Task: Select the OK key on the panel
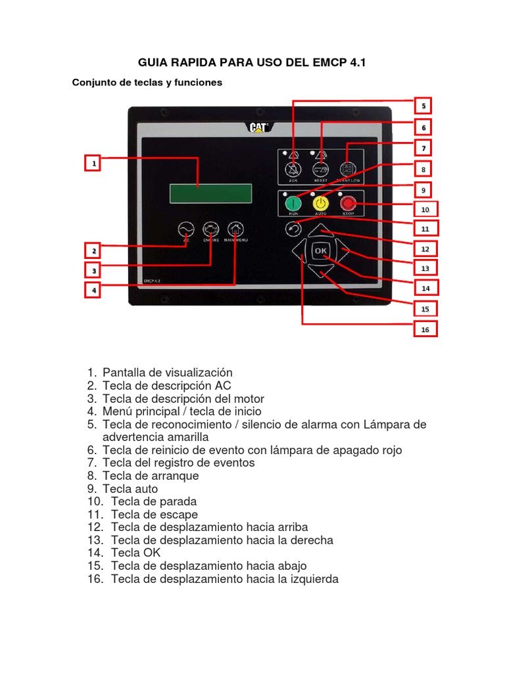pyautogui.click(x=321, y=251)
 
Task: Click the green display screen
pyautogui.click(x=210, y=193)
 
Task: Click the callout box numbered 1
pyautogui.click(x=94, y=163)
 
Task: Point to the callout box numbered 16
pyautogui.click(x=425, y=329)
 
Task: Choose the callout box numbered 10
pyautogui.click(x=425, y=210)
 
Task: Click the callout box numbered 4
pyautogui.click(x=94, y=289)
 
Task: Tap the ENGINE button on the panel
pyautogui.click(x=210, y=230)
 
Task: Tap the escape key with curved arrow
pyautogui.click(x=294, y=229)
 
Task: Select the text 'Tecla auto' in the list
pyautogui.click(x=130, y=489)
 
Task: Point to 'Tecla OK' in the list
pyautogui.click(x=136, y=553)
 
